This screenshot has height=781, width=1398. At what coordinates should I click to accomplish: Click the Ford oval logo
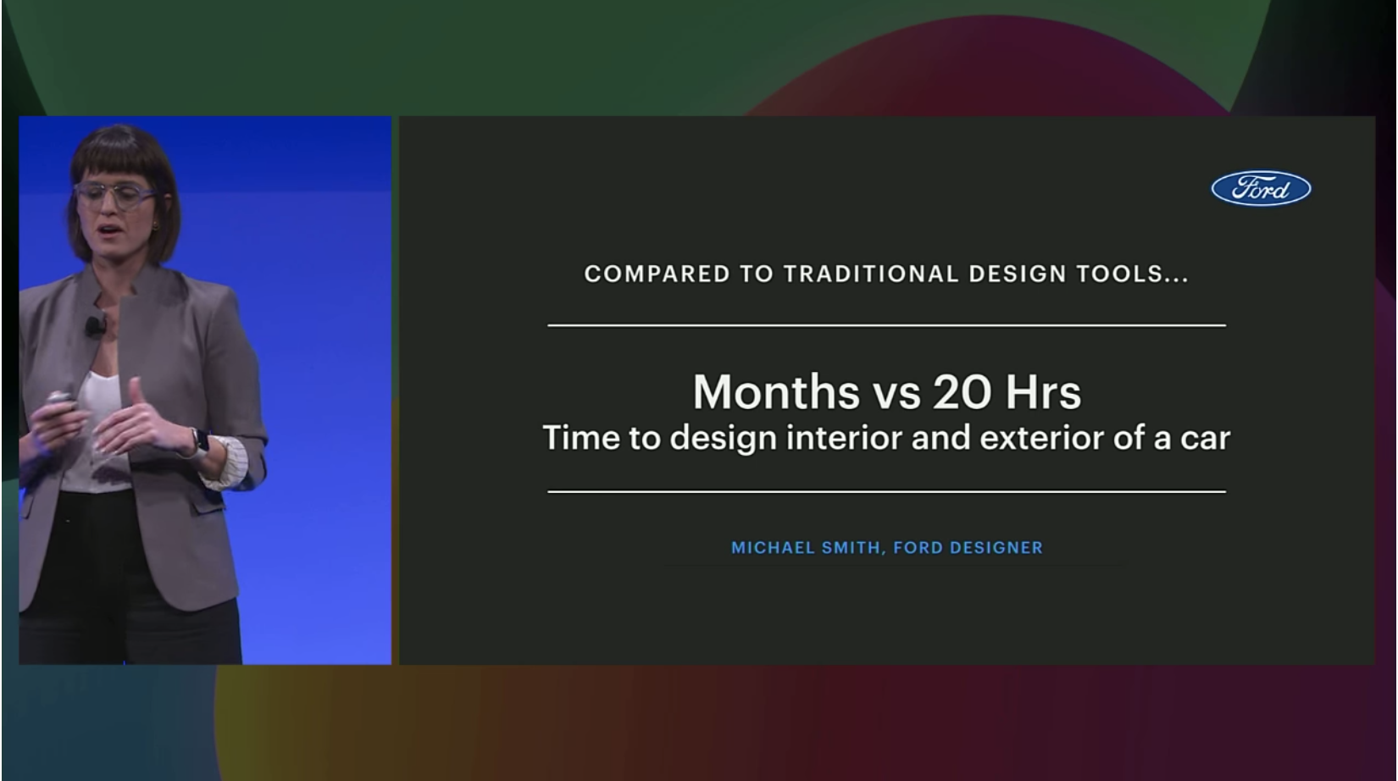coord(1261,188)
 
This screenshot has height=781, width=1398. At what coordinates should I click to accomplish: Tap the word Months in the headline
coord(776,392)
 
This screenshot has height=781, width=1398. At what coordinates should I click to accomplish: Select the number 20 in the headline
coord(962,392)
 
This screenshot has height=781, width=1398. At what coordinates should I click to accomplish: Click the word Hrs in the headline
coord(1043,392)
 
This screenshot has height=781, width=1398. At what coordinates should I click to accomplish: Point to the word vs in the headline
coord(896,397)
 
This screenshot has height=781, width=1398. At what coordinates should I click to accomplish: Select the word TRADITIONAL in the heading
coord(871,274)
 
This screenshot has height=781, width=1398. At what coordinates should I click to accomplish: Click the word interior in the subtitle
coord(844,437)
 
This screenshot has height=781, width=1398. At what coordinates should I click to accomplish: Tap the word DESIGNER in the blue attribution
coord(996,548)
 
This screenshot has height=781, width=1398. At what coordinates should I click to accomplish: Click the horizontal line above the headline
coord(887,325)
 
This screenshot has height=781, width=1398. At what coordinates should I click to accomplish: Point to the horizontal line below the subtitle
coord(887,491)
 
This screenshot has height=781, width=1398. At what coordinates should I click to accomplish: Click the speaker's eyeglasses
coord(114,195)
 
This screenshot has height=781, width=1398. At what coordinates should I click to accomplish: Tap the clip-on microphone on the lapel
coord(94,325)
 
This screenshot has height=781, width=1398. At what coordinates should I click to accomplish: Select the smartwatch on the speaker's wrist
coord(201,443)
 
